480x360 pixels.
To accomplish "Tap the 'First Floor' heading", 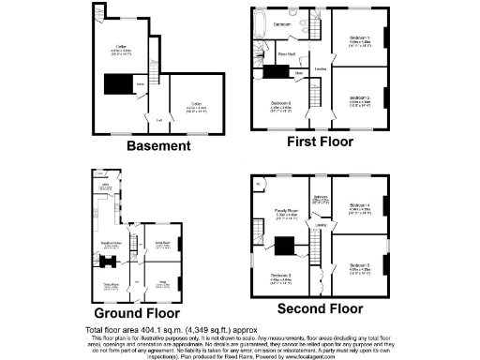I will [x=320, y=142].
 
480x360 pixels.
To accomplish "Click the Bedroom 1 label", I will [x=361, y=38].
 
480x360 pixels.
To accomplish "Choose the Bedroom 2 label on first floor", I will [x=361, y=97].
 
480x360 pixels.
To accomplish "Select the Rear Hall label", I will [x=287, y=54].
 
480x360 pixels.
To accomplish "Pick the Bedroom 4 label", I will [x=361, y=204].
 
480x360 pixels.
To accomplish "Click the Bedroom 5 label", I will [x=361, y=265].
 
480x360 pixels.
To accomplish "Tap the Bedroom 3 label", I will [x=282, y=275].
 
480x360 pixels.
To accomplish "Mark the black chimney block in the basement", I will [x=118, y=85].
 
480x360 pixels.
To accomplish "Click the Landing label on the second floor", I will [x=321, y=225].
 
